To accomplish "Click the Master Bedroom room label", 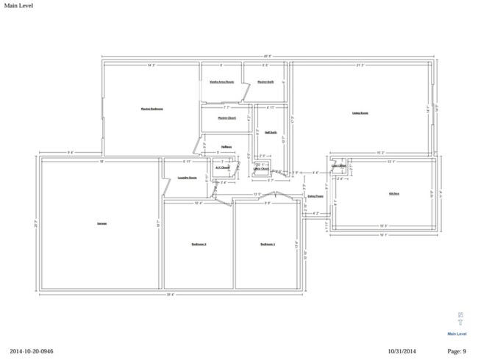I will pos(151,109).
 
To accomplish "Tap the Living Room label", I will pos(360,113).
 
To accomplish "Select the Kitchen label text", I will pos(394,193).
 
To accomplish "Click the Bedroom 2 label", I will pos(199,244).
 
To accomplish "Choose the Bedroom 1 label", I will pos(267,244).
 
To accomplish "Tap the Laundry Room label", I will pos(188,177).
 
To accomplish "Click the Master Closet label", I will pos(226,118).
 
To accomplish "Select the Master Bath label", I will pos(265,82).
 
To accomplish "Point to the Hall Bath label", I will pos(271,132).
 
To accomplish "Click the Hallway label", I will pos(226,146).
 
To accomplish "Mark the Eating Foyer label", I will pos(315,196).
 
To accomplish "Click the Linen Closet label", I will pos(261,169).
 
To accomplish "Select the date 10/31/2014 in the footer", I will pos(402,351).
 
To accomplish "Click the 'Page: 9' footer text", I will pos(456,351).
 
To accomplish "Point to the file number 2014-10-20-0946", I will pos(32,351).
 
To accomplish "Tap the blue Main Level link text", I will pos(457,334).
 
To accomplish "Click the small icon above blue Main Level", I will pos(460,320).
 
